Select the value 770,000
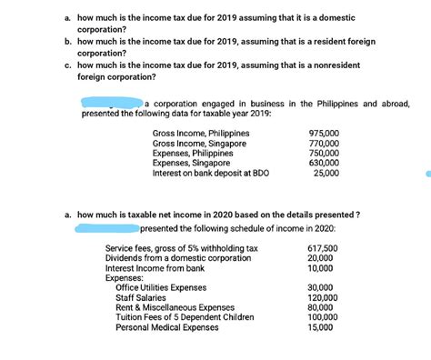324,144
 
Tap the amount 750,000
324,154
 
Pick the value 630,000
324,164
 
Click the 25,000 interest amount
326,174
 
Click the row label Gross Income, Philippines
201,134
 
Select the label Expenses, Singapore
192,164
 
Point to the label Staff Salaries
145,298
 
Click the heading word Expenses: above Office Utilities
125,278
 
